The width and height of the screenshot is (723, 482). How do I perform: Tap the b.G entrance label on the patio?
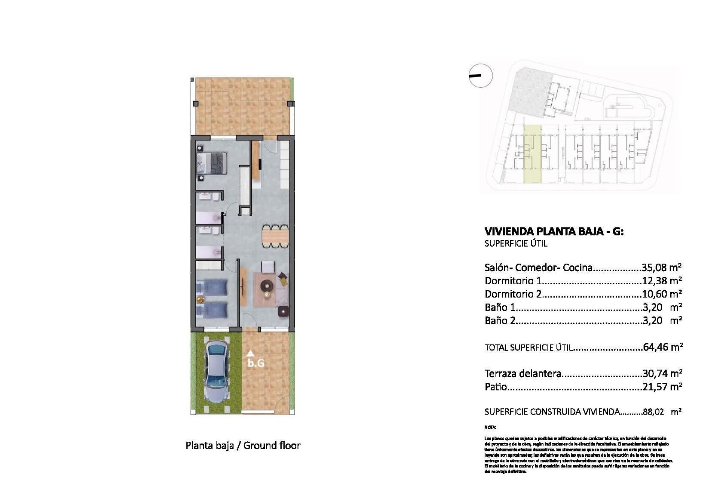[256, 363]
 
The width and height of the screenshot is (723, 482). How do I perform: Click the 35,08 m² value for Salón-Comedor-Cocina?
[662, 268]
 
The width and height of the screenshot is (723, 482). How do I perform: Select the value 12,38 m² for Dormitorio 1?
[662, 281]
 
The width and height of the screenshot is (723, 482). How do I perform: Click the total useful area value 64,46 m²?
[662, 347]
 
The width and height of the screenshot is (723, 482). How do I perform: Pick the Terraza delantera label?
[523, 374]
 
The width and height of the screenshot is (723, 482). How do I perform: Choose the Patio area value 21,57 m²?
[662, 387]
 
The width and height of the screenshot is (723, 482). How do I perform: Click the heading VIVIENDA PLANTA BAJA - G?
[554, 232]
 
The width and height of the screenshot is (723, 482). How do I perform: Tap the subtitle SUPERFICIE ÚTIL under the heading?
[516, 244]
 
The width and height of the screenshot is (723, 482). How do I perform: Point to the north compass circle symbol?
[480, 76]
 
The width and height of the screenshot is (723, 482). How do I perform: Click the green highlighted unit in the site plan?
[532, 154]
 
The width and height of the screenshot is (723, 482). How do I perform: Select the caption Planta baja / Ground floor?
[243, 445]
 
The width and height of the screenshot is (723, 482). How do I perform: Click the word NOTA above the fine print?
[490, 427]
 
